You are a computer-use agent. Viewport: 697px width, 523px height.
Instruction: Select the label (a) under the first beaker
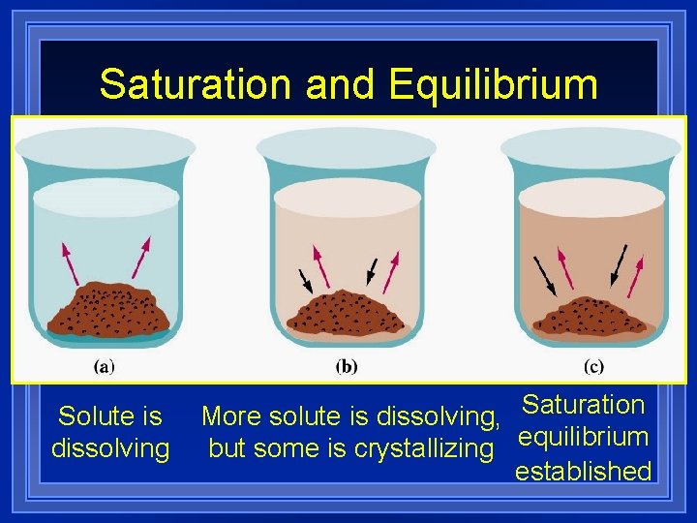click(x=104, y=367)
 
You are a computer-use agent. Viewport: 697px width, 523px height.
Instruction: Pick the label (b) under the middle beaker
click(x=347, y=367)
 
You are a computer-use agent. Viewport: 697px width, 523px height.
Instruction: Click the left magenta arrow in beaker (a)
click(x=71, y=261)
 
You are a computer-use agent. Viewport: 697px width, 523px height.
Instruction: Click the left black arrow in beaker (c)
click(x=546, y=275)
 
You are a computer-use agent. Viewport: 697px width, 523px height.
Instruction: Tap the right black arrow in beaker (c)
click(x=617, y=261)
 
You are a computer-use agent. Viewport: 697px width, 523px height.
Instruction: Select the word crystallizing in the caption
click(x=425, y=449)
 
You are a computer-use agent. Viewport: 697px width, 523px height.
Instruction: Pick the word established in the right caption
click(x=583, y=472)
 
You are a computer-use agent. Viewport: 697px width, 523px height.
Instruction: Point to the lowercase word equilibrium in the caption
click(x=583, y=437)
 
